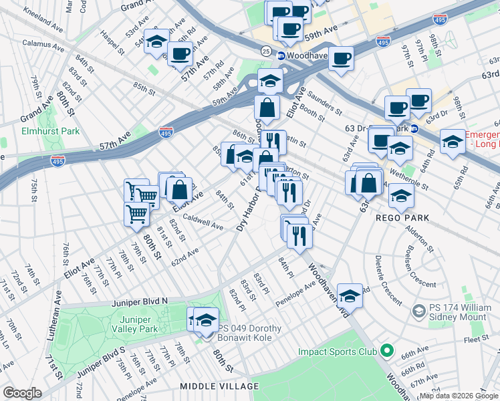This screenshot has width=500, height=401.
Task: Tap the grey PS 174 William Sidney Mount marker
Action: pos(419,311)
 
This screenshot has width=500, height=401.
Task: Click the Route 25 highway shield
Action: pos(265,51)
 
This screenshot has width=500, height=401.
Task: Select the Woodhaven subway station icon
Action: pos(281,55)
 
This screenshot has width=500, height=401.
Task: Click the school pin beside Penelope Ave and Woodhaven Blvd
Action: pos(350,294)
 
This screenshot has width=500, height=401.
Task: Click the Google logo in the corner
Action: pos(21,393)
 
